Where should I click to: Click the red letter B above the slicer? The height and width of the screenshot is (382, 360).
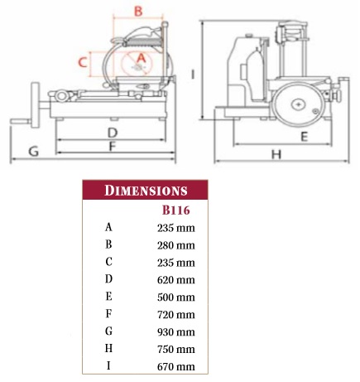pyautogui.click(x=138, y=12)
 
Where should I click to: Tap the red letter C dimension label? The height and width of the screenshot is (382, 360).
pyautogui.click(x=83, y=62)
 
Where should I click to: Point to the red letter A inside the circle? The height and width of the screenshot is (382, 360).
pyautogui.click(x=142, y=58)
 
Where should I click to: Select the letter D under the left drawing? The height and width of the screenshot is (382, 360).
pyautogui.click(x=113, y=133)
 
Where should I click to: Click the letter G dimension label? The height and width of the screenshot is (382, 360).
pyautogui.click(x=34, y=152)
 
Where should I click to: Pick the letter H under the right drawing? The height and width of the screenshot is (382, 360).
pyautogui.click(x=276, y=154)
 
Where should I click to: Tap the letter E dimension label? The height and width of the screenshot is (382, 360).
pyautogui.click(x=304, y=137)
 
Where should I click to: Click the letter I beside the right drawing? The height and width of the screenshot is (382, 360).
pyautogui.click(x=193, y=74)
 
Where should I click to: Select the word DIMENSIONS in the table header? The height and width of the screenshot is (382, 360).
pyautogui.click(x=146, y=191)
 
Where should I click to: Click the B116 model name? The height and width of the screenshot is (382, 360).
pyautogui.click(x=176, y=210)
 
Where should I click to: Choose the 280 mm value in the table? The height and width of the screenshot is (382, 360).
pyautogui.click(x=176, y=245)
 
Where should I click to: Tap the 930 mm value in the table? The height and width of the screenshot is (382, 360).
pyautogui.click(x=176, y=331)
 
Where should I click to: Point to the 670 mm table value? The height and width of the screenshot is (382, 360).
pyautogui.click(x=176, y=366)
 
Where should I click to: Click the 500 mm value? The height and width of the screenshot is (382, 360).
pyautogui.click(x=176, y=297)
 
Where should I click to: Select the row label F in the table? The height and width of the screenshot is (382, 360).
pyautogui.click(x=108, y=314)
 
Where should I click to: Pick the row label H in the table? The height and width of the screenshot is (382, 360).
pyautogui.click(x=108, y=348)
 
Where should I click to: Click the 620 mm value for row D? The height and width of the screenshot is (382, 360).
pyautogui.click(x=176, y=280)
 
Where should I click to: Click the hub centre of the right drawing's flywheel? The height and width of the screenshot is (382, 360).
pyautogui.click(x=299, y=104)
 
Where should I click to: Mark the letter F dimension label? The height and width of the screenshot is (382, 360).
pyautogui.click(x=112, y=146)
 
